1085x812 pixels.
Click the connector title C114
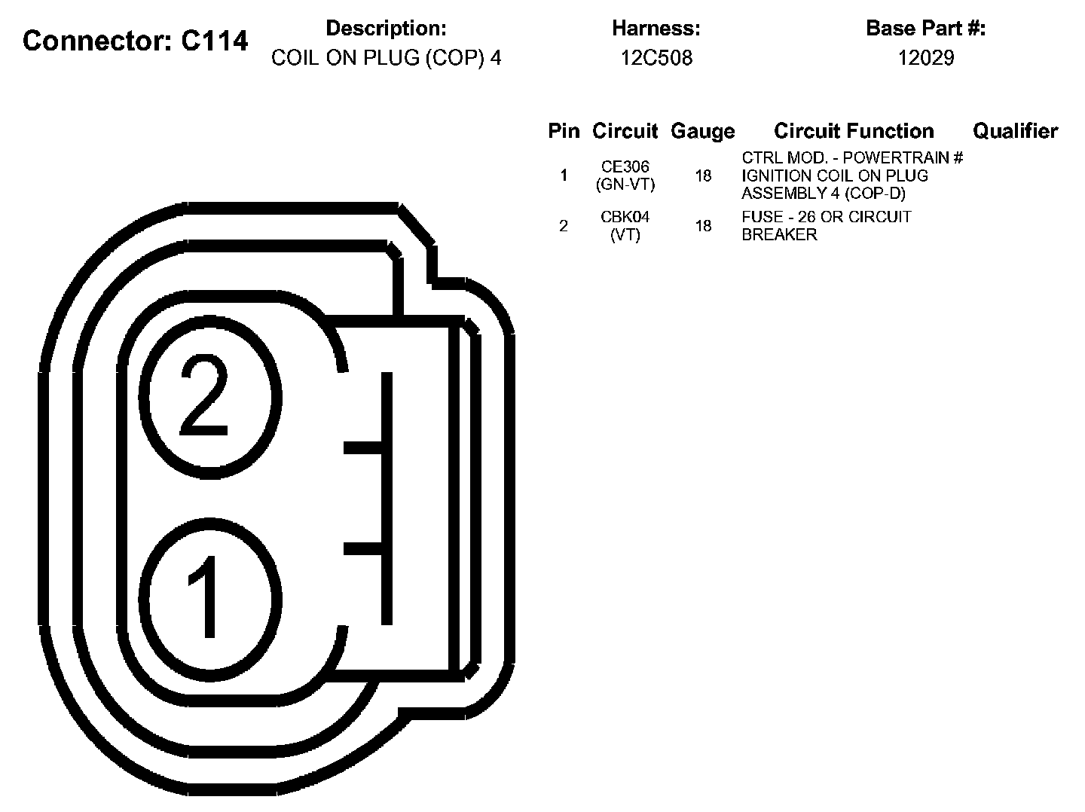[x=214, y=41]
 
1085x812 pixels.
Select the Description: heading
[x=386, y=29]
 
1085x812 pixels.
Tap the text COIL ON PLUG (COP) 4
[x=386, y=58]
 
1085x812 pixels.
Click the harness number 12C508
[x=656, y=58]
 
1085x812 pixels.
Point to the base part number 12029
[x=926, y=58]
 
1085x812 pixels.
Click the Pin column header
[x=564, y=131]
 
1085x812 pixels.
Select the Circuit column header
[x=625, y=131]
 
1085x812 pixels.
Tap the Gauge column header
[x=703, y=132]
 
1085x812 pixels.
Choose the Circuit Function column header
[x=854, y=131]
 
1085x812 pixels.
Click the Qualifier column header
[x=1015, y=131]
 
